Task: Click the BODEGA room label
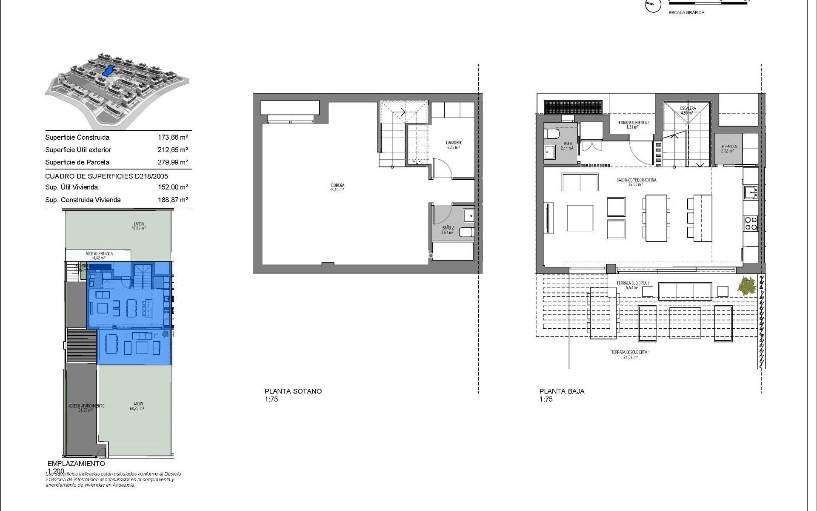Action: point(337,186)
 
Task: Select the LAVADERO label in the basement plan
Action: point(454,143)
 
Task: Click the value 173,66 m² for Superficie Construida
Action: point(173,138)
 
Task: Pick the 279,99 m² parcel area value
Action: point(173,162)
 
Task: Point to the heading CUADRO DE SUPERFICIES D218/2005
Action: point(106,176)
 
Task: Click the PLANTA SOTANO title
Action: point(293,391)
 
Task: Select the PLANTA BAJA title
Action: point(562,391)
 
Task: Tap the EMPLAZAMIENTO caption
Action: point(76,464)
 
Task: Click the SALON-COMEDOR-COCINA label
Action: point(636,180)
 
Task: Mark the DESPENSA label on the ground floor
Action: point(728,147)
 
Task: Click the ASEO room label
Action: point(567,144)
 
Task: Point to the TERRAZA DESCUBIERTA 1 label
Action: point(630,353)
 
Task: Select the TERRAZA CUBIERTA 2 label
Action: point(633,123)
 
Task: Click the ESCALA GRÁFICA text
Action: point(686,13)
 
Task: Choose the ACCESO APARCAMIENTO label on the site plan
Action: point(86,406)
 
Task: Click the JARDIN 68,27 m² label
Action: point(137,404)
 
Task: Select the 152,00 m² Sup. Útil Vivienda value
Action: point(173,187)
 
